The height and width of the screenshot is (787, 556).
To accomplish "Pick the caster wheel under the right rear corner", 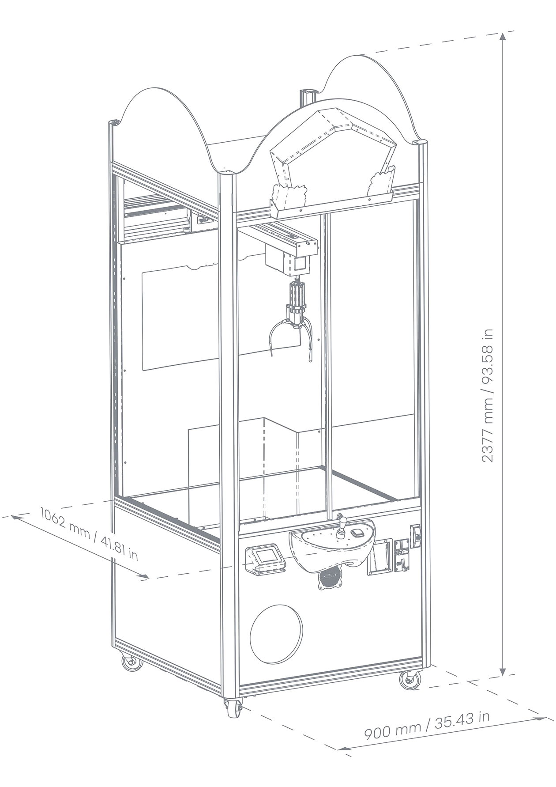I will pyautogui.click(x=409, y=681).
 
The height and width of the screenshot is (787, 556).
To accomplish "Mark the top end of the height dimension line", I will pyautogui.click(x=503, y=38).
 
